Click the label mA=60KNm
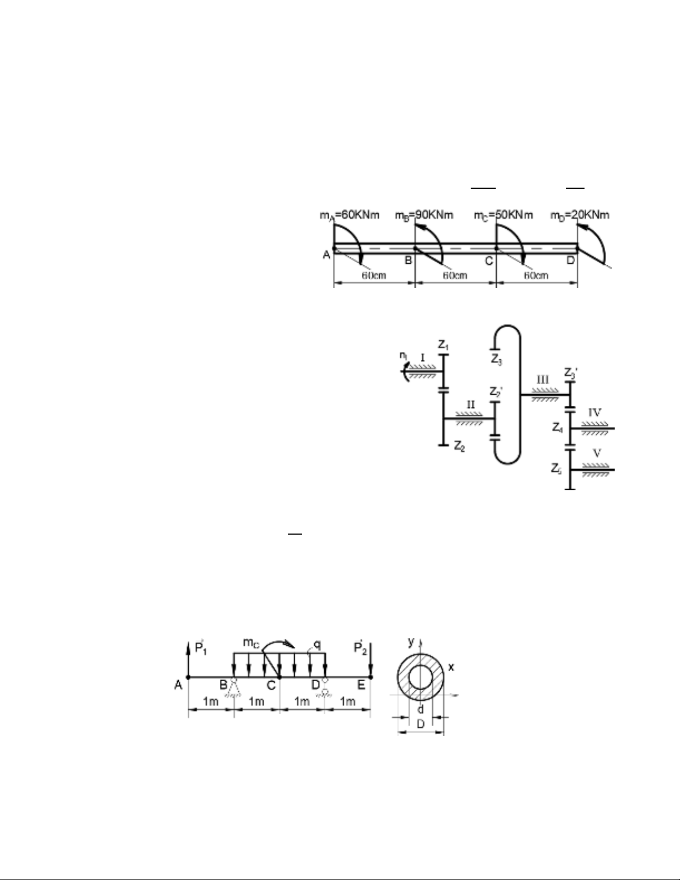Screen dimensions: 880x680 [x=349, y=214]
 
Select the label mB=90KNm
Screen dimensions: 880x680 [x=424, y=214]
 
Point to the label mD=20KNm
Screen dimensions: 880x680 [x=580, y=214]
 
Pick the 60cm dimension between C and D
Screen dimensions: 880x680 [x=537, y=275]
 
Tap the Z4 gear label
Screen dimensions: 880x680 [x=557, y=428]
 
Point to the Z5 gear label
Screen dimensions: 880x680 [x=557, y=469]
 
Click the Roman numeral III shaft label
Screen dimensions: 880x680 [x=542, y=380]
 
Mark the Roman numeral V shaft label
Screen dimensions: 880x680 [x=597, y=454]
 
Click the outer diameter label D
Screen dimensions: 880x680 [x=421, y=724]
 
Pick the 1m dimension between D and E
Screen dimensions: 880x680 [x=347, y=702]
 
